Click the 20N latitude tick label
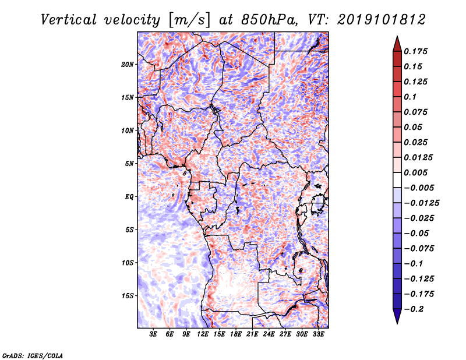point(128,65)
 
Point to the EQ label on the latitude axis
point(129,197)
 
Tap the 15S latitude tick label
point(128,296)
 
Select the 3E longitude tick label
point(153,334)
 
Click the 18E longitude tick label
point(236,334)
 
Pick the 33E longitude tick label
point(318,334)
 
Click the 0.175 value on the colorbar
point(415,51)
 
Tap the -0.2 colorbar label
point(414,309)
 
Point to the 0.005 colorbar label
point(415,172)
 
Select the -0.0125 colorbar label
point(421,203)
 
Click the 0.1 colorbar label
point(410,97)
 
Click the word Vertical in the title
point(69,20)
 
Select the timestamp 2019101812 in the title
point(382,20)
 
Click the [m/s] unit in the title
point(189,20)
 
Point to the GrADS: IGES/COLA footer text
point(33,356)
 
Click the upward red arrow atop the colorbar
point(397,44)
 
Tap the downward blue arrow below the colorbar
point(397,316)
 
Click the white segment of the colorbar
point(397,180)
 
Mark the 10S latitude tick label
point(128,263)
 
